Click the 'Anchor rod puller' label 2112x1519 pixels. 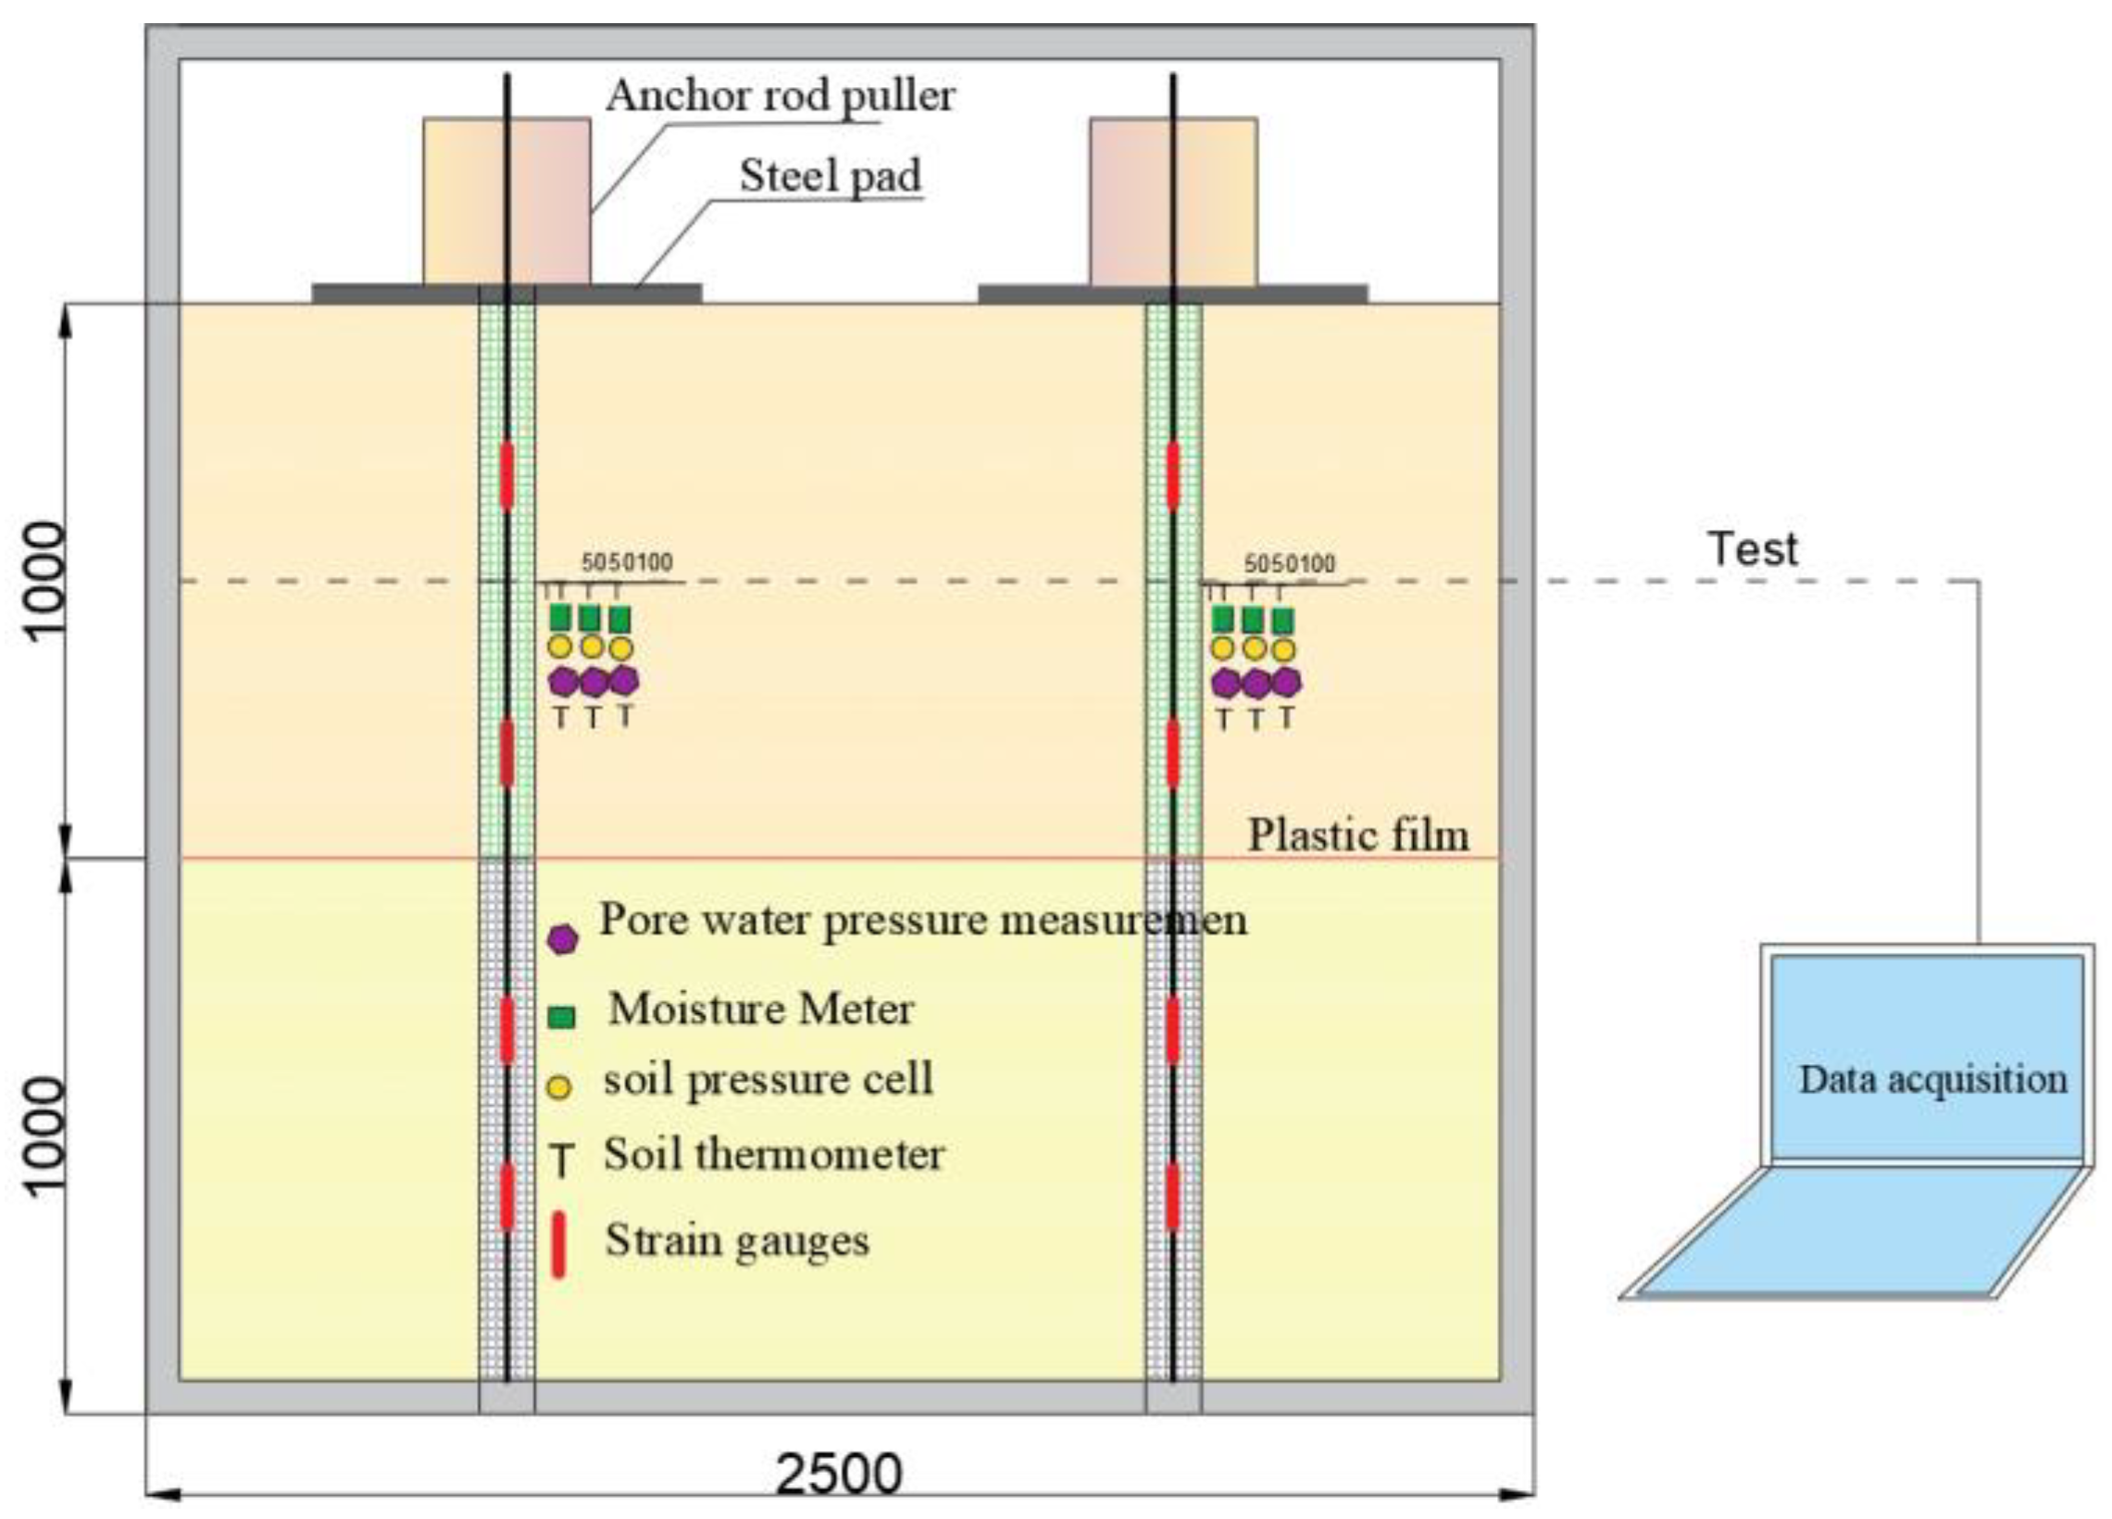[781, 95]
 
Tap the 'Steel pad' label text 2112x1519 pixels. [830, 175]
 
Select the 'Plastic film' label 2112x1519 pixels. [1357, 835]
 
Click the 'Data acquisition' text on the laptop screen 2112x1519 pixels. [1932, 1079]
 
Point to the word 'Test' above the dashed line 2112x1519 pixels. [1753, 548]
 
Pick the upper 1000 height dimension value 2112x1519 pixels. [44, 580]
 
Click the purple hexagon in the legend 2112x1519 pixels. [562, 939]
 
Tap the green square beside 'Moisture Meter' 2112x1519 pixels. [561, 1016]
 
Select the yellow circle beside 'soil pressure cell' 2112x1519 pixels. [558, 1086]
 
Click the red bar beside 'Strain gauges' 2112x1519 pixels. [558, 1244]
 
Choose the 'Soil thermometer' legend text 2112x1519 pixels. [774, 1155]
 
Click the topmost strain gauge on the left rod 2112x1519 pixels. [506, 476]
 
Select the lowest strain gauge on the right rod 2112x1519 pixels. [1172, 1196]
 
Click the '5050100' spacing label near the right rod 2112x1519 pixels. [1290, 563]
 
